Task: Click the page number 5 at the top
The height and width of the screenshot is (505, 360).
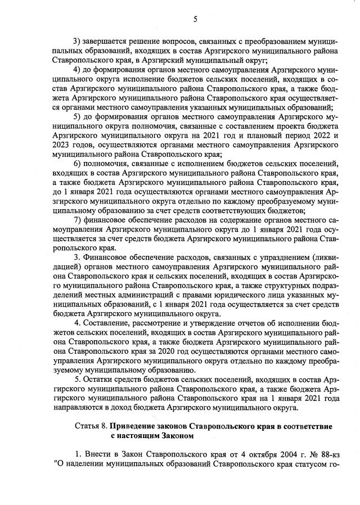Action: pos(195,19)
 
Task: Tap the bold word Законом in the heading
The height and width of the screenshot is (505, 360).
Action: pos(174,434)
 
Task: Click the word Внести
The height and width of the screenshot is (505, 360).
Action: pos(98,453)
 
